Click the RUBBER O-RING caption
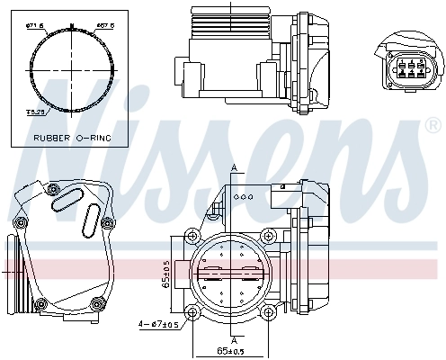pos(70,138)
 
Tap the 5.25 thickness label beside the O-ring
pos(35,112)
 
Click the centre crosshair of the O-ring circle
pos(70,70)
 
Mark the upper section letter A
pos(233,167)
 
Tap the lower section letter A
pos(233,339)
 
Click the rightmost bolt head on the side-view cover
pos(107,223)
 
